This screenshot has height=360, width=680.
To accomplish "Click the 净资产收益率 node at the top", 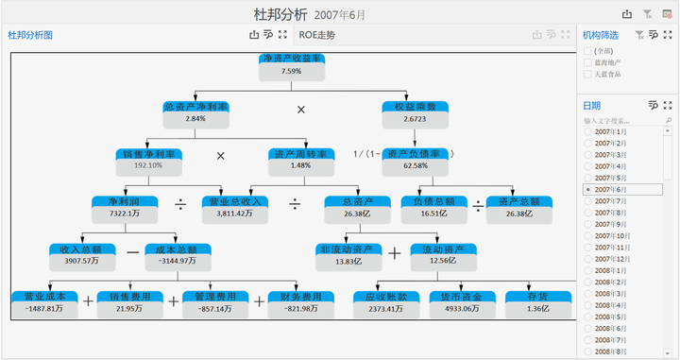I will [291, 59].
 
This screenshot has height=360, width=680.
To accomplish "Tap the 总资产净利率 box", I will [195, 107].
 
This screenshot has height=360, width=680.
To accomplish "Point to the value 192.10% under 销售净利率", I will [148, 165].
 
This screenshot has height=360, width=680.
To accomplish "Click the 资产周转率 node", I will [300, 154].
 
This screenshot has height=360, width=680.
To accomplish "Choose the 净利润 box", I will [123, 201].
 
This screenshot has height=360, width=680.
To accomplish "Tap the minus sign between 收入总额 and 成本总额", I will [132, 253].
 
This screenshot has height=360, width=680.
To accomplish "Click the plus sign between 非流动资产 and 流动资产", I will [394, 253].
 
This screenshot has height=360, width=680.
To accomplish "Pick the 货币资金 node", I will [461, 297].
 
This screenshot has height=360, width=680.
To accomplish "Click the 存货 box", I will [537, 297].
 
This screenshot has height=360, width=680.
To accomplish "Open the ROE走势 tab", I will [316, 35].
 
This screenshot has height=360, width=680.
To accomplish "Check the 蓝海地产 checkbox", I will [588, 61].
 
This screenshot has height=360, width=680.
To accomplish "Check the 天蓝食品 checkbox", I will [588, 74].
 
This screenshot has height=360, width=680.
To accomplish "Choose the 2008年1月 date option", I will [588, 270].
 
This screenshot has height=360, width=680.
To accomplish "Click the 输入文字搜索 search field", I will [619, 121].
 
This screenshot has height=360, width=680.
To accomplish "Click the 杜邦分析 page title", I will [280, 14].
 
